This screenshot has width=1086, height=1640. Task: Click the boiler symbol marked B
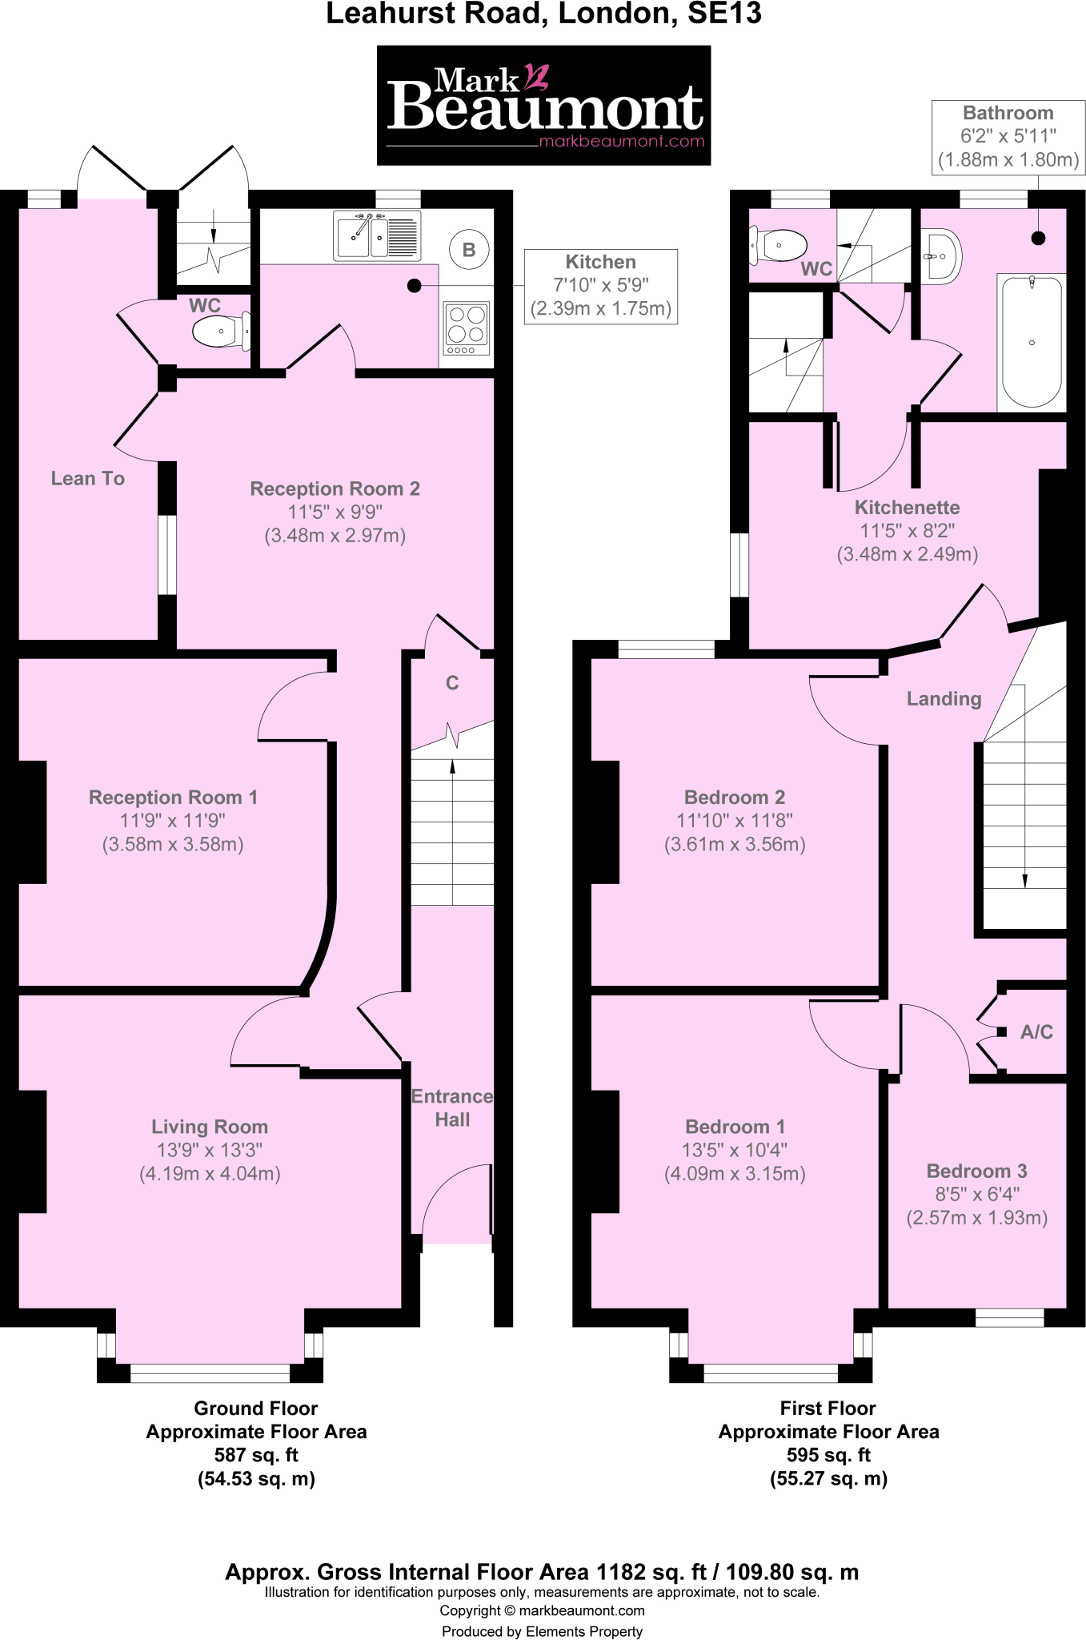tap(469, 250)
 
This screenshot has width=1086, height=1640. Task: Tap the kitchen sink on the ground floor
tap(377, 235)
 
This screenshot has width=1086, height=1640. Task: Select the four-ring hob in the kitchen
tap(467, 329)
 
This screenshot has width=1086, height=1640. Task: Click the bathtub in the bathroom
tap(1032, 342)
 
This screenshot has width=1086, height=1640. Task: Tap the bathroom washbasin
tap(943, 257)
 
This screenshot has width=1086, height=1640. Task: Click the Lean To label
tap(88, 479)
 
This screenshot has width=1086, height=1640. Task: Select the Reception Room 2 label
tap(335, 489)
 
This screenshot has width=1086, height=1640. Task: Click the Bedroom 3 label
tap(976, 1171)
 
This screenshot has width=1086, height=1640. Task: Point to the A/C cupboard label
tap(1036, 1032)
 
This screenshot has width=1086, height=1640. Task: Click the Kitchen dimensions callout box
tap(600, 286)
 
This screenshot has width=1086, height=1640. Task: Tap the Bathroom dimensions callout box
tap(1008, 137)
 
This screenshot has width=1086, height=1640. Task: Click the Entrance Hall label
tap(452, 1107)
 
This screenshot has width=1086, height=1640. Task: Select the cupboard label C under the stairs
tap(452, 683)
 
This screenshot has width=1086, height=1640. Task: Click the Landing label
tap(944, 699)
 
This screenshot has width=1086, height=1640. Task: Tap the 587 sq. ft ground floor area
tap(256, 1455)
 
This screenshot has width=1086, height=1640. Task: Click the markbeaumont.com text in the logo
tap(622, 142)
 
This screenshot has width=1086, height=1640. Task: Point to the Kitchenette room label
tap(907, 508)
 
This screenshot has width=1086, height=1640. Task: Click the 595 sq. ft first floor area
tap(828, 1455)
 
